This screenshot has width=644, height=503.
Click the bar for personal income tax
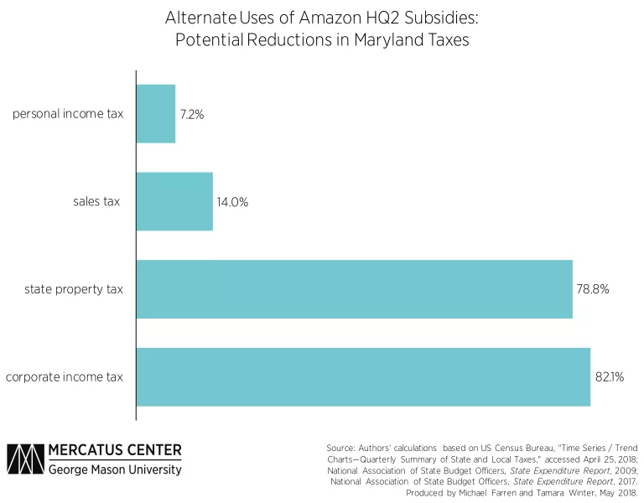click(155, 113)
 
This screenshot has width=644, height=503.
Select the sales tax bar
click(174, 201)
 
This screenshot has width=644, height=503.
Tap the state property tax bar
click(353, 289)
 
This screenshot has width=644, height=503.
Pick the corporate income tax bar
click(362, 377)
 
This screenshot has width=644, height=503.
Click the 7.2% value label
click(191, 113)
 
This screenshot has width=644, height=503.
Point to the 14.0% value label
click(232, 201)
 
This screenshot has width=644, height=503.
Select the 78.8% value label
click(592, 289)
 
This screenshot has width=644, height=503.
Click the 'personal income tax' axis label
click(68, 113)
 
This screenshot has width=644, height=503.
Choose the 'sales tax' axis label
click(97, 201)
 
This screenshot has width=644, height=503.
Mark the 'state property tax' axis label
click(75, 289)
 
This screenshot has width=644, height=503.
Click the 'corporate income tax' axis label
click(65, 377)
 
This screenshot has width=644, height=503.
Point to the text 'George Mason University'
click(115, 470)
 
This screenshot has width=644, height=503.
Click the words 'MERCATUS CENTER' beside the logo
click(115, 451)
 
